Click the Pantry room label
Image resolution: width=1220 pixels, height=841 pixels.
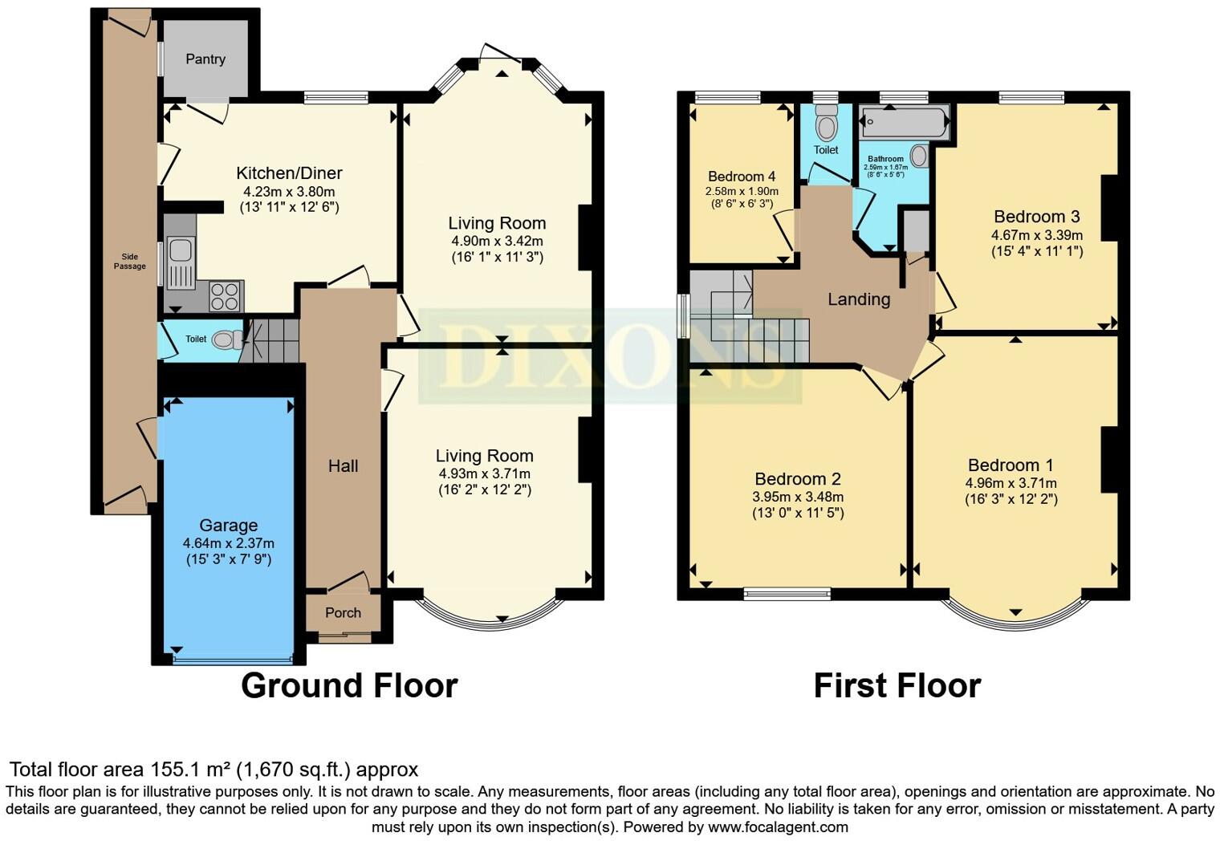(205, 59)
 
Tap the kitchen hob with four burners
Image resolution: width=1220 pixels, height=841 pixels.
(226, 296)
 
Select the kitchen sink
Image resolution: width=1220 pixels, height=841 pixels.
(181, 262)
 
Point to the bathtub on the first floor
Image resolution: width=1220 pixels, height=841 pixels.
(904, 121)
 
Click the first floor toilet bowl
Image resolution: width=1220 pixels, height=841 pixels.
(826, 123)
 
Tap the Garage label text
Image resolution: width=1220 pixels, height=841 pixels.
(229, 526)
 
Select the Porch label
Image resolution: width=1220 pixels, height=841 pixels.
(344, 613)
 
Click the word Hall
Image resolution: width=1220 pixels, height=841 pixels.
(344, 466)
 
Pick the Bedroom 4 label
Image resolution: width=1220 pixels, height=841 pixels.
(742, 177)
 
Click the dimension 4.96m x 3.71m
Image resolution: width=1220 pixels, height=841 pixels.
(1011, 483)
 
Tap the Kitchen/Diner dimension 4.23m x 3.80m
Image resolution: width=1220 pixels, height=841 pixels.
(289, 192)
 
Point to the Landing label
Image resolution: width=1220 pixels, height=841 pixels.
(859, 299)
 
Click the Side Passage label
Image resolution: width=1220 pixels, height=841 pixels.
(130, 262)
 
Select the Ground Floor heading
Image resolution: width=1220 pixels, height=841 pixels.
(349, 685)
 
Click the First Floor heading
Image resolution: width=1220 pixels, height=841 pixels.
(897, 685)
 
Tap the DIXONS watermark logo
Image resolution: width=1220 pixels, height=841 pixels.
(610, 355)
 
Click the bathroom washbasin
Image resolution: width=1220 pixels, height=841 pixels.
(919, 156)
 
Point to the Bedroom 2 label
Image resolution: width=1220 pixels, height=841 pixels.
(798, 479)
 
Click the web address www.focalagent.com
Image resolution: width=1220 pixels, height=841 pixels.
(778, 827)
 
